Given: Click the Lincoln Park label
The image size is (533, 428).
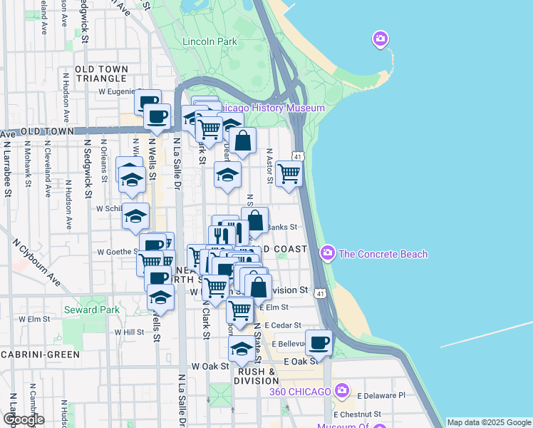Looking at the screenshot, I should tap(209, 41).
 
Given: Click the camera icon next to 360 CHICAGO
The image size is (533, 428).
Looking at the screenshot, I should tap(343, 390).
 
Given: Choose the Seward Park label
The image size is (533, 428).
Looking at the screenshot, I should tap(92, 310).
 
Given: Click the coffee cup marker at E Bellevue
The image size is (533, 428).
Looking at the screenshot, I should tap(319, 343).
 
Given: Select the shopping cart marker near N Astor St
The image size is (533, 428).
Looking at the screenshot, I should tap(289, 173).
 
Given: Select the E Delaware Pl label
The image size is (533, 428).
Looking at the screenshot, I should tap(381, 395).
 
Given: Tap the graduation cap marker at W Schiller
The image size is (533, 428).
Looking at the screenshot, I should tap(135, 217).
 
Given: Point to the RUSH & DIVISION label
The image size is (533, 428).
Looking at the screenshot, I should tap(257, 376).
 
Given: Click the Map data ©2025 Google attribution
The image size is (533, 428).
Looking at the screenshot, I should tap(489, 422).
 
